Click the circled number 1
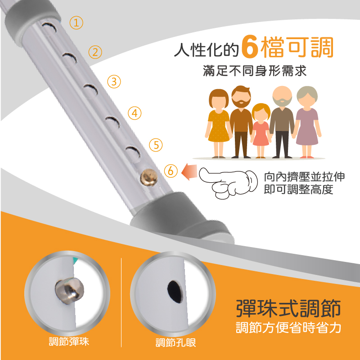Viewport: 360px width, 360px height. (76, 23)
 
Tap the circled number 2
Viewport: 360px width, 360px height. (95, 52)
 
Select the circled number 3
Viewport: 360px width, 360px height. (114, 81)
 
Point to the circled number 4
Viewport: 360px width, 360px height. (135, 113)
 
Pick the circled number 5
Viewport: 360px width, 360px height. (156, 145)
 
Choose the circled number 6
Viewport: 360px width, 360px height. (171, 171)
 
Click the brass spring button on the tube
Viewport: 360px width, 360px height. (149, 177)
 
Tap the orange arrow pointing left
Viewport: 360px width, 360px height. (189, 172)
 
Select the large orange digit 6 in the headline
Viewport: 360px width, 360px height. (249, 47)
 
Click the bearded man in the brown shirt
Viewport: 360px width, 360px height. (241, 121)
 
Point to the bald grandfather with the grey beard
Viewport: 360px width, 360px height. (282, 122)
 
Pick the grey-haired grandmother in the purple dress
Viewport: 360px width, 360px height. (307, 122)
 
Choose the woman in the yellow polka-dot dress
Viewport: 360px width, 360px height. (219, 123)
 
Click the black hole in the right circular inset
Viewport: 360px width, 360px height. (175, 292)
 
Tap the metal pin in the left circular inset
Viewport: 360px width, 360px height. (69, 291)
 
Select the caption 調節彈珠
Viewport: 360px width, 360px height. (69, 342)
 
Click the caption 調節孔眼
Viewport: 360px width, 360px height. (175, 342)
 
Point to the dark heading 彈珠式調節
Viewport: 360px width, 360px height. (288, 308)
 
